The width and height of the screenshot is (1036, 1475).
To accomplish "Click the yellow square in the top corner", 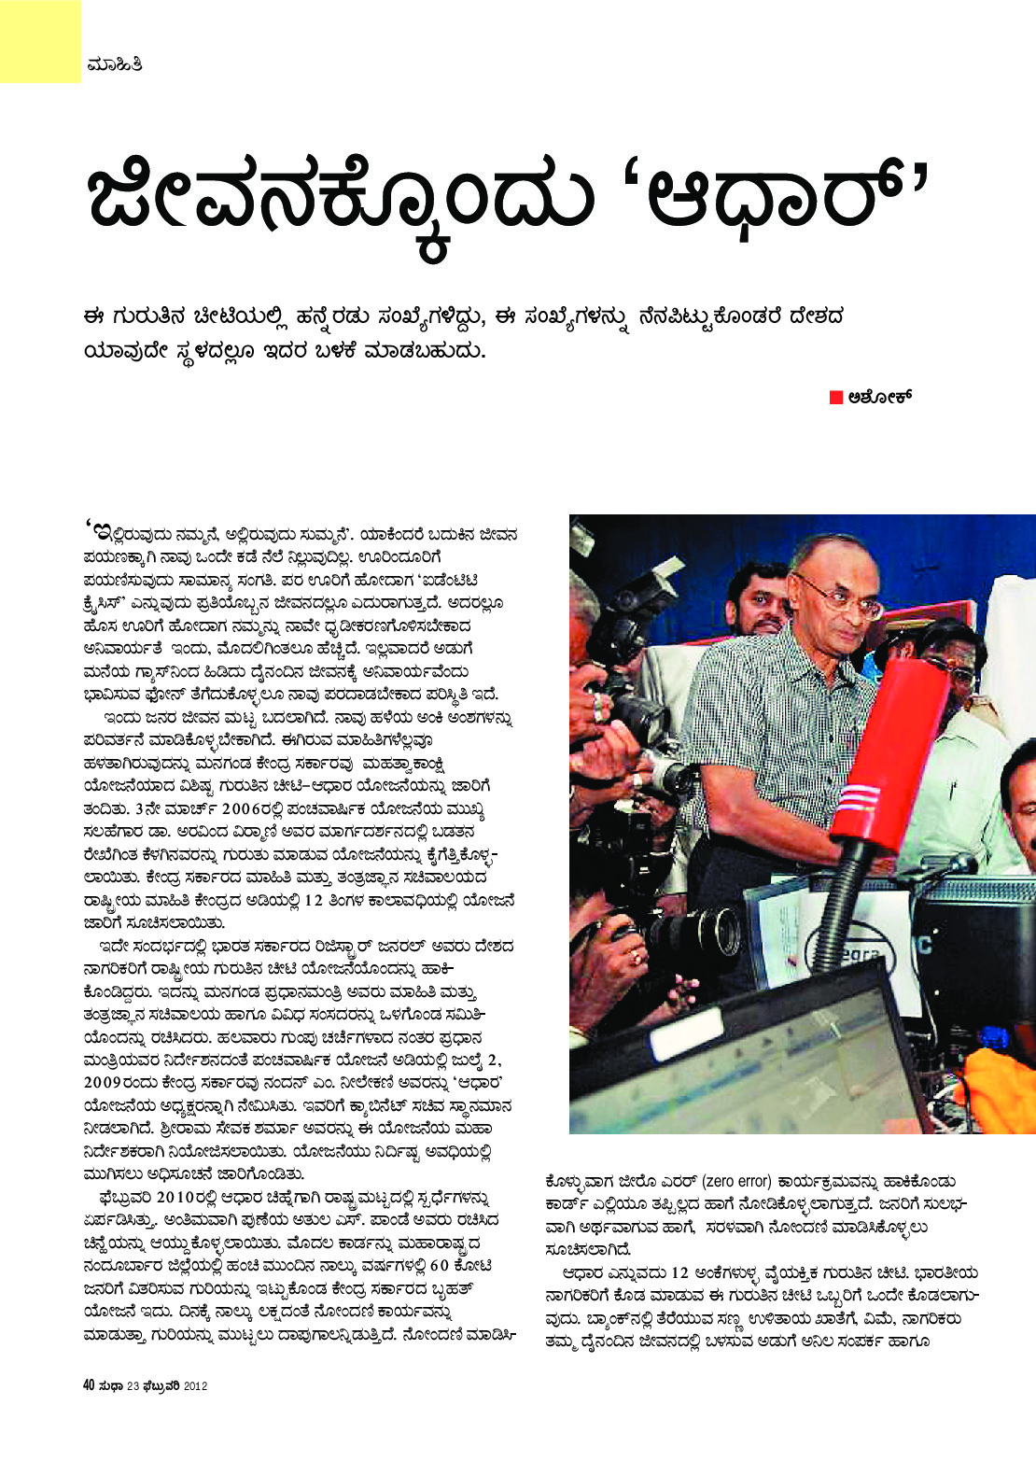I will click(39, 40).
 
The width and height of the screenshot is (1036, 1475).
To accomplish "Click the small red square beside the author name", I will click(836, 397).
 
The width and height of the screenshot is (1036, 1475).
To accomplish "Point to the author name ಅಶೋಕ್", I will click(880, 397).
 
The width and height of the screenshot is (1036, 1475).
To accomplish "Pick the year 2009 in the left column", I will click(101, 1083).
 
